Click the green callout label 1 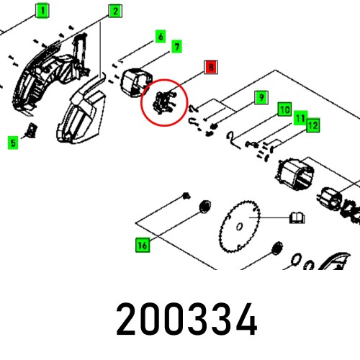[43, 10]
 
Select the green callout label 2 [114, 10]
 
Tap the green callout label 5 [12, 143]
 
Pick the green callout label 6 [160, 36]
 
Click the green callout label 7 [176, 47]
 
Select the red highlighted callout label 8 [210, 68]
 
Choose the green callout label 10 [285, 109]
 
